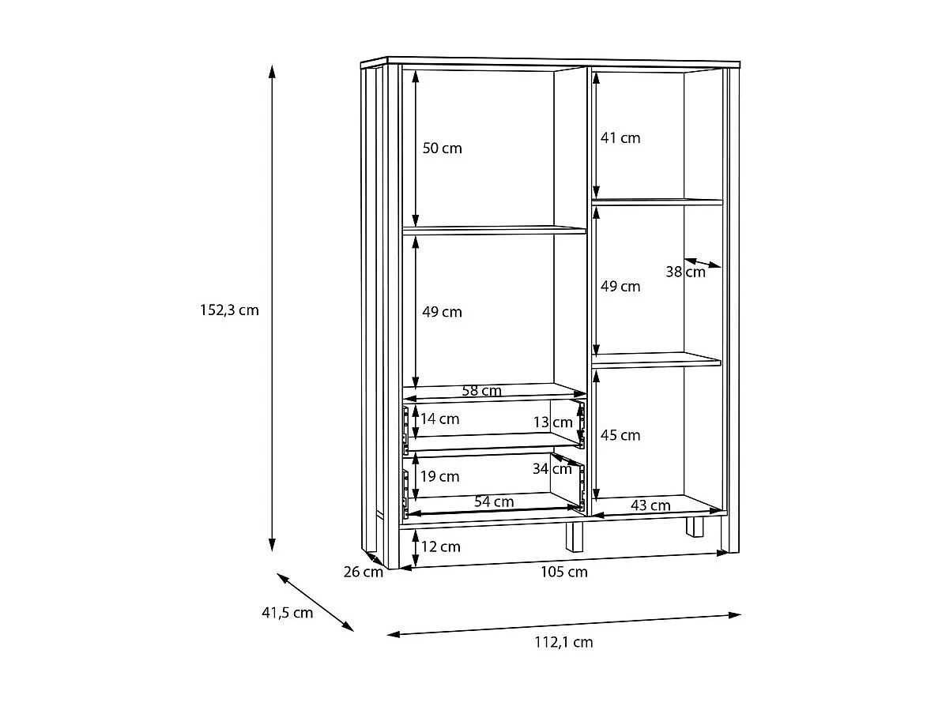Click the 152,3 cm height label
[229, 310]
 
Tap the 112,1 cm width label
[565, 642]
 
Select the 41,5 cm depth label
[287, 612]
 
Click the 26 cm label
[363, 572]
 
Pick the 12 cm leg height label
[440, 546]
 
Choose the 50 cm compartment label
[442, 148]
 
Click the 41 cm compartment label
[620, 137]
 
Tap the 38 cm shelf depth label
[685, 272]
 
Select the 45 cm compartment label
[620, 435]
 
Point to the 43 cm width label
[651, 505]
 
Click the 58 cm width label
[481, 390]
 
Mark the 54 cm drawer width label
[494, 501]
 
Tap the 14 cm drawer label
[439, 419]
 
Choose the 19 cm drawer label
[439, 476]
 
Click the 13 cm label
[552, 422]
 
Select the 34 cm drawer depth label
[552, 469]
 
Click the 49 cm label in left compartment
[442, 312]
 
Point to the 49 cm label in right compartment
[620, 286]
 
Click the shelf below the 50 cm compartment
[494, 231]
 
